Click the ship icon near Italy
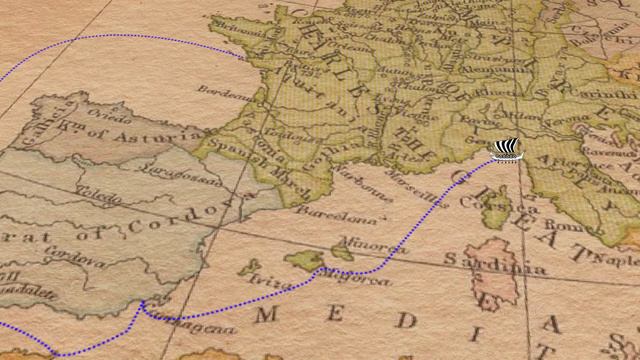click(x=507, y=150)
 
